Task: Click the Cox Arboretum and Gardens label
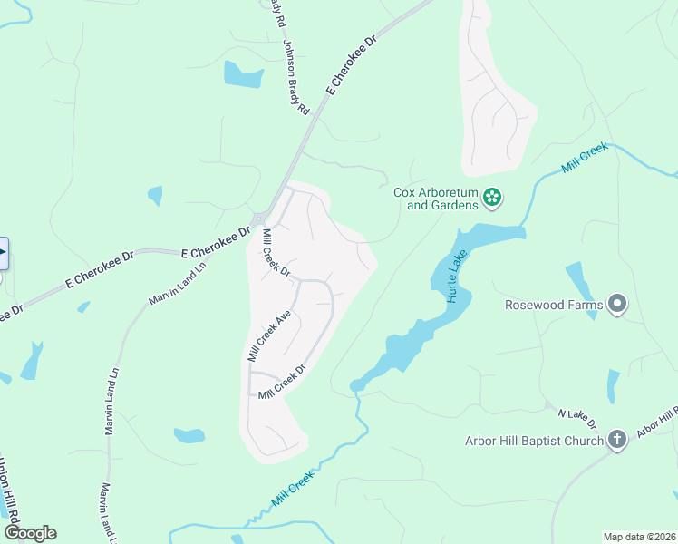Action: click(x=435, y=199)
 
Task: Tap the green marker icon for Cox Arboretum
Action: click(x=492, y=197)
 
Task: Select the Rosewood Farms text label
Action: click(x=554, y=305)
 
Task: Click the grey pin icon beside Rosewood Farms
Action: click(x=618, y=305)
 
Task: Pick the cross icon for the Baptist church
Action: click(x=616, y=441)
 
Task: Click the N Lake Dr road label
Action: click(x=576, y=418)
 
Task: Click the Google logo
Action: click(x=30, y=533)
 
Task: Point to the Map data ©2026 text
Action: click(x=640, y=537)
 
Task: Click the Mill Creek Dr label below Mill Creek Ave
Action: click(x=283, y=383)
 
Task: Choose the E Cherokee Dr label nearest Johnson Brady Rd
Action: click(x=352, y=66)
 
